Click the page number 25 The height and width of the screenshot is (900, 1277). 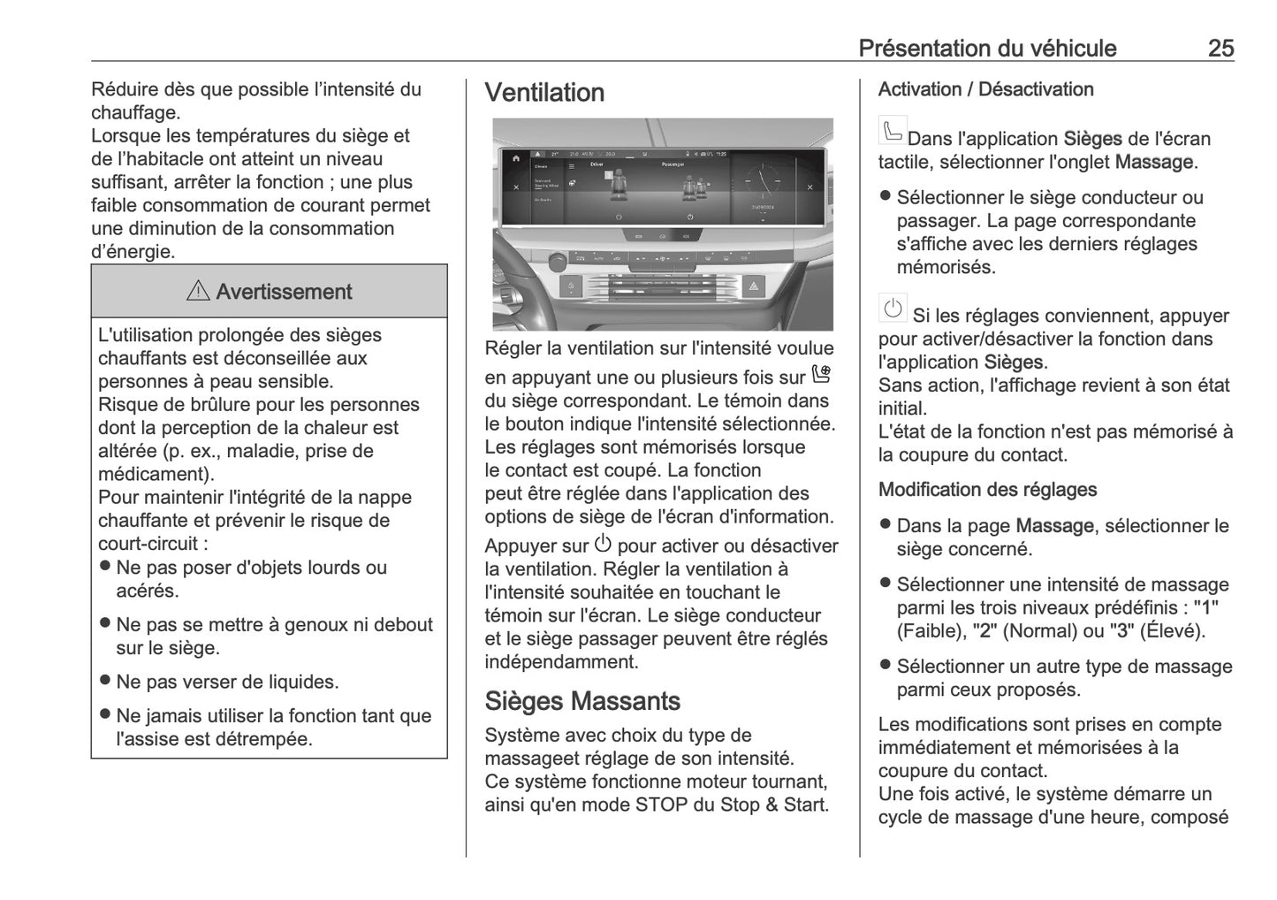(x=1220, y=48)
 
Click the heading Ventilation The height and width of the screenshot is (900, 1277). (x=544, y=93)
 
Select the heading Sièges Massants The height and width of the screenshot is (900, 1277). (x=581, y=701)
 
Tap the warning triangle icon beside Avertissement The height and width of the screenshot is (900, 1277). (x=198, y=291)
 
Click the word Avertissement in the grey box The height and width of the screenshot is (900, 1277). (x=283, y=292)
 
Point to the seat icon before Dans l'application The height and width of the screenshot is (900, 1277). (x=892, y=131)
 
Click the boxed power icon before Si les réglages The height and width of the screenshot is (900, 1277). (x=893, y=309)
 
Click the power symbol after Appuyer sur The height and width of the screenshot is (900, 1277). (x=603, y=544)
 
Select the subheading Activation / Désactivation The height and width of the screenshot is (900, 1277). (x=985, y=89)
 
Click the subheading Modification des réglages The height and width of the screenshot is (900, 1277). (x=987, y=490)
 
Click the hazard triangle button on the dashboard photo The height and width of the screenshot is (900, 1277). (x=754, y=286)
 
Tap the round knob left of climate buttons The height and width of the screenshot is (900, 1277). (x=558, y=262)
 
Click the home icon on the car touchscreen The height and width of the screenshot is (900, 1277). (x=516, y=158)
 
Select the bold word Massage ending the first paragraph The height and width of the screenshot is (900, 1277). (x=1153, y=162)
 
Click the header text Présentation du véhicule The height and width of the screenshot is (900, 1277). (x=987, y=48)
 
